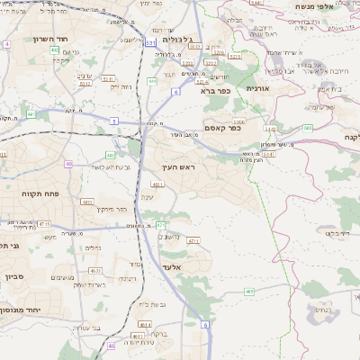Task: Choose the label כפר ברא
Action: pyautogui.click(x=218, y=90)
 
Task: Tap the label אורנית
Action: pyautogui.click(x=257, y=88)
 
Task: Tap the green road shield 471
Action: pyautogui.click(x=160, y=224)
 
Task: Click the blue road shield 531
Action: pyautogui.click(x=150, y=41)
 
